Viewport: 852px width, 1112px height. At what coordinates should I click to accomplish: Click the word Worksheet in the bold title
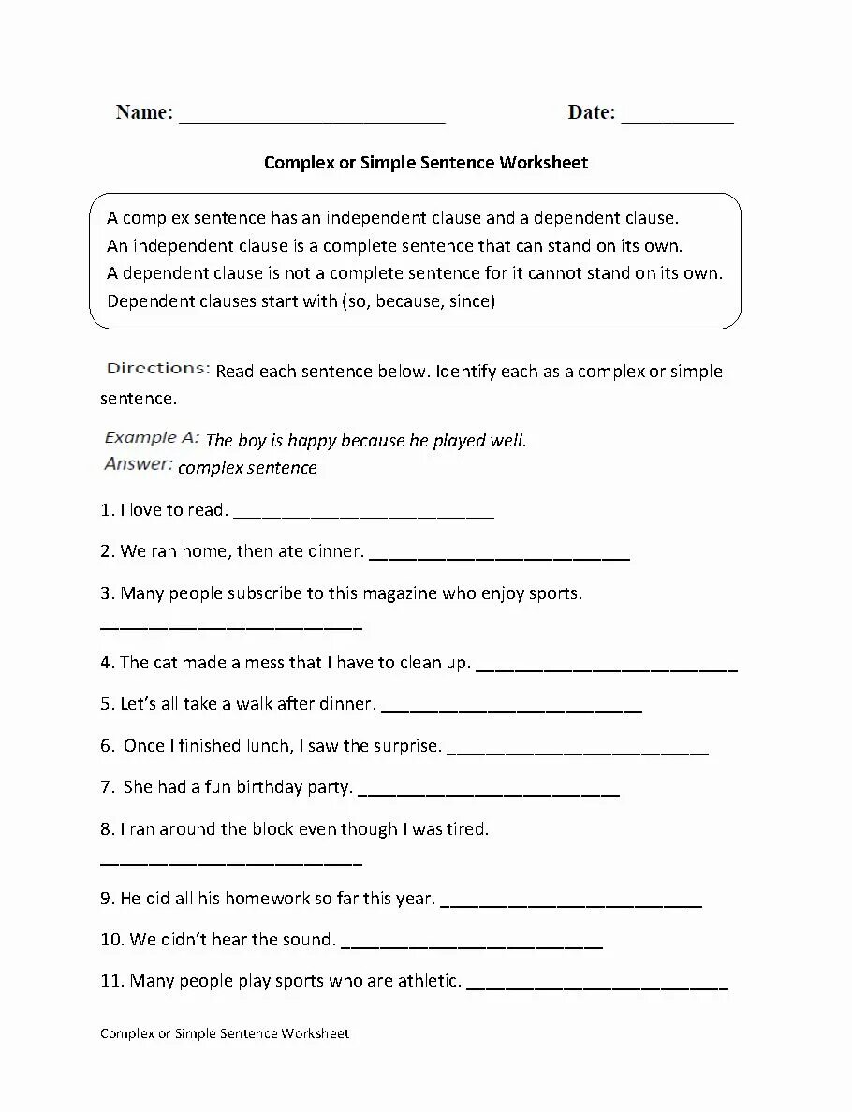543,163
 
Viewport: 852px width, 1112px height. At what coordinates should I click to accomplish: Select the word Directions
158,368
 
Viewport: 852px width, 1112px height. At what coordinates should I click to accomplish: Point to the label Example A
152,437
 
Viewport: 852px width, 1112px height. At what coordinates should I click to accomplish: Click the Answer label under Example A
139,464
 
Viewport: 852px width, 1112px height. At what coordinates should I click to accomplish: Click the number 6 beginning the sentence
106,746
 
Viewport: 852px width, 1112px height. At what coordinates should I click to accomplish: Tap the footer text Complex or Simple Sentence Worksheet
225,1033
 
